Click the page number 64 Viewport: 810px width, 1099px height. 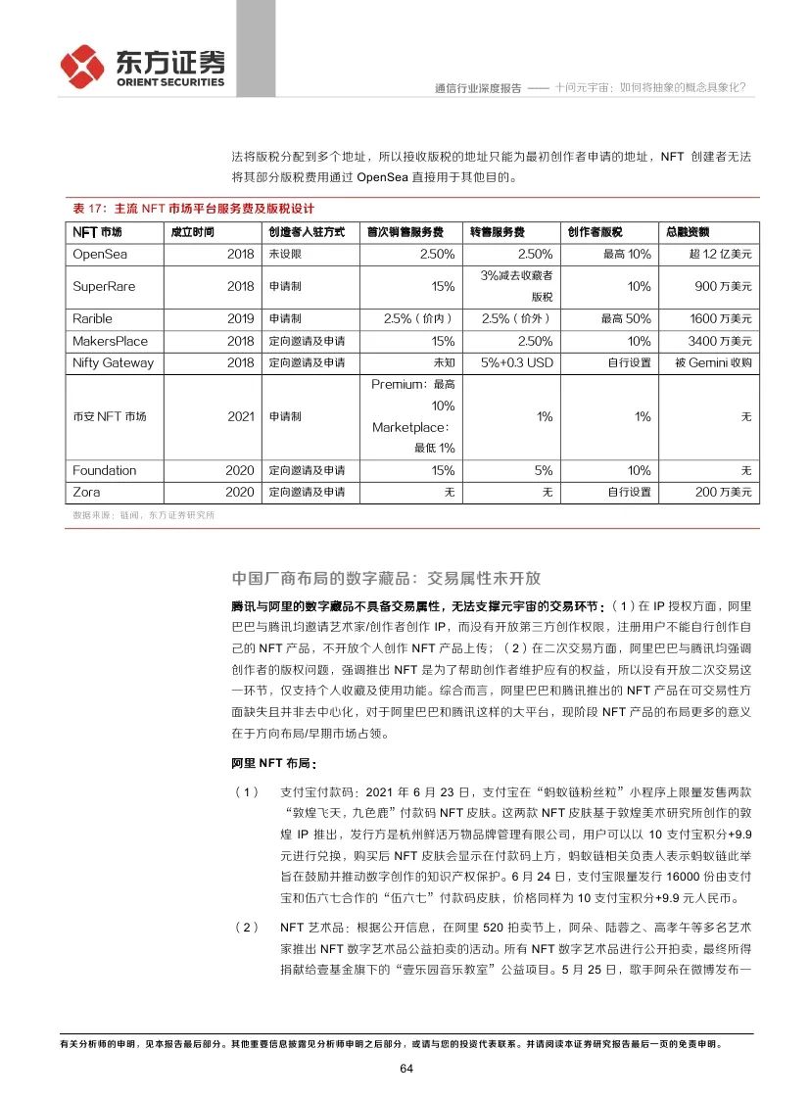pos(405,1068)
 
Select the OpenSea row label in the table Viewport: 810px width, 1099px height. pos(100,254)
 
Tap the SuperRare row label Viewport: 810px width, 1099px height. pos(103,286)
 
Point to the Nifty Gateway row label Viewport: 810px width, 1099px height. pos(113,362)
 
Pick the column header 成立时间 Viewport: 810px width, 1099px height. pos(192,232)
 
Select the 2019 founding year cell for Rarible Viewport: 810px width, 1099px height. pos(240,318)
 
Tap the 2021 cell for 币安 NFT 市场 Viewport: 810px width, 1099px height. pos(240,416)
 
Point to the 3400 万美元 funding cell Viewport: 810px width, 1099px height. pos(720,341)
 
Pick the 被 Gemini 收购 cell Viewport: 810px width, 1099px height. pos(713,362)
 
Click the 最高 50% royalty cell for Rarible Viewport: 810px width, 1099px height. pos(626,318)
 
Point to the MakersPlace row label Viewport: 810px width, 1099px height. pos(110,341)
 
